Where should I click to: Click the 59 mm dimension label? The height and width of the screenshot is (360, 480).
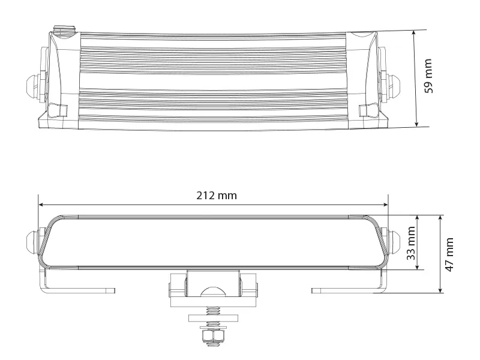428,76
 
